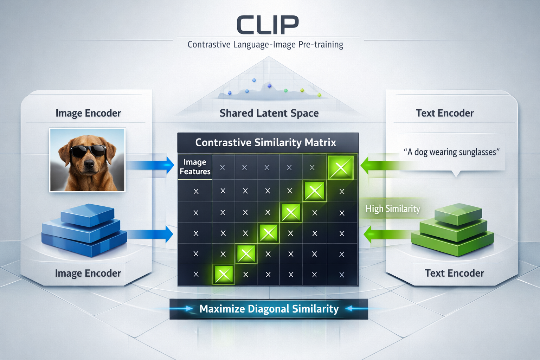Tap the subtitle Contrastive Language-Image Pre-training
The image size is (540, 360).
coord(265,45)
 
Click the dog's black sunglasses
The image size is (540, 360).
coord(88,151)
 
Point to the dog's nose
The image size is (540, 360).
coord(89,163)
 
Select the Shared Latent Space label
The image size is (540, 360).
coord(269,113)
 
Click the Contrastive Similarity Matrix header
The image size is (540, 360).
coord(266,142)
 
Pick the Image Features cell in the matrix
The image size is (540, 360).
coord(195,167)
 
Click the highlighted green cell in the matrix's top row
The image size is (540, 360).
coord(340,168)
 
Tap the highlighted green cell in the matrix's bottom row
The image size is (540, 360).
coord(223,274)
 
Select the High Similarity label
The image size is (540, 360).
coord(393,209)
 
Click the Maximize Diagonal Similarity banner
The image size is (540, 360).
coord(269,309)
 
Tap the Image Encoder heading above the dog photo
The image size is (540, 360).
coord(88,113)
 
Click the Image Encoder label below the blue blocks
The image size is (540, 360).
coord(88,273)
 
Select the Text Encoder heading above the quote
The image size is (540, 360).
coord(445,113)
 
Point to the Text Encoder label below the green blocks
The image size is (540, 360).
coord(454,273)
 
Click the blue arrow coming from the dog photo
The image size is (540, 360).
coord(151,165)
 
